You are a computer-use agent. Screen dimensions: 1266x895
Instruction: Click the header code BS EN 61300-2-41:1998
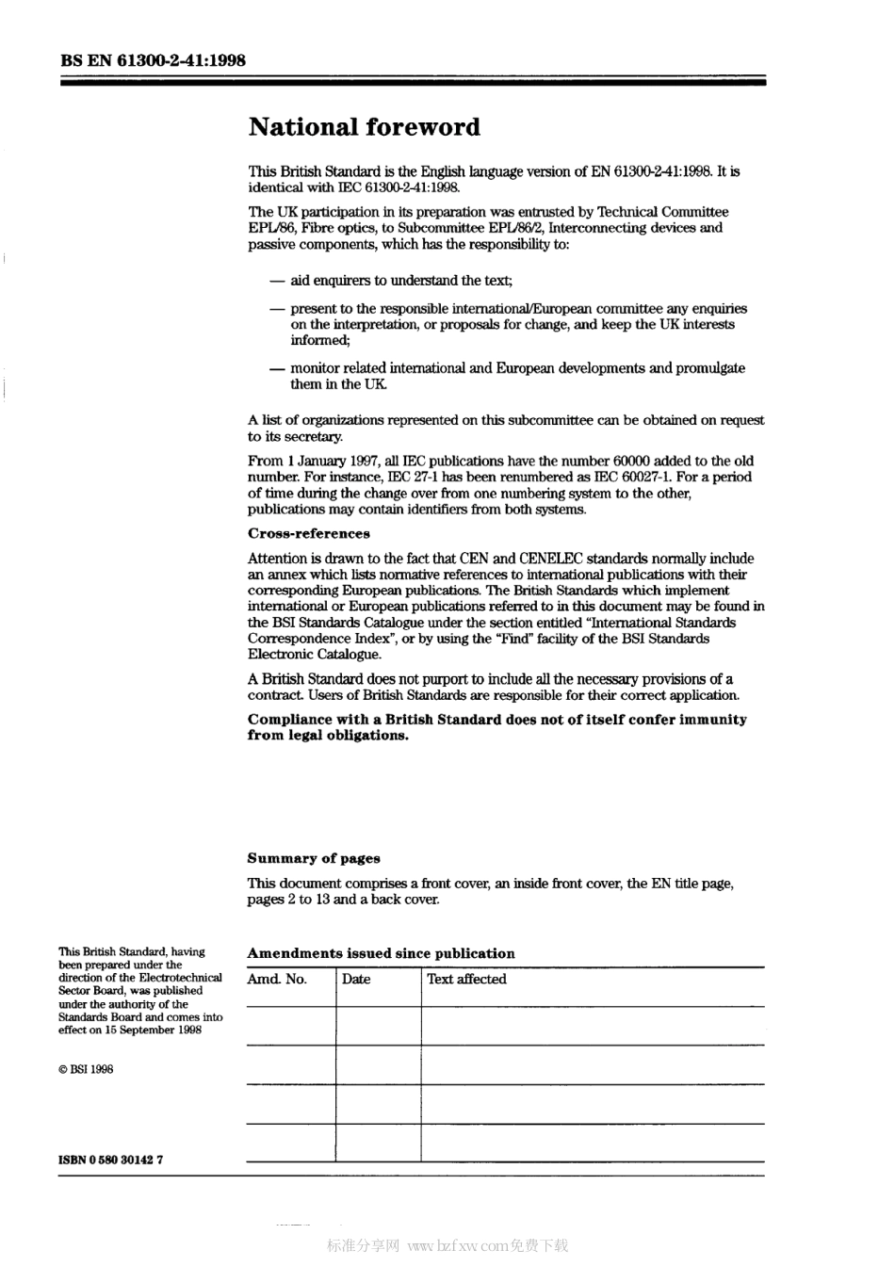tap(153, 60)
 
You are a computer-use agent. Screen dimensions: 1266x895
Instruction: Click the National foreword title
tap(364, 127)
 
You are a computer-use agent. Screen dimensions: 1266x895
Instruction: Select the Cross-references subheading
tap(308, 534)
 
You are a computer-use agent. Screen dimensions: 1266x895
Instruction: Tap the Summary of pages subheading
tap(314, 858)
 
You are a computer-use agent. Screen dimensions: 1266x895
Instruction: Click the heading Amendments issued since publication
tap(381, 953)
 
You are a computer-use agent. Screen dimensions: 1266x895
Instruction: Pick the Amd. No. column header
tap(277, 980)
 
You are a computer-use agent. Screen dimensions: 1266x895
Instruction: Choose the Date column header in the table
tap(356, 980)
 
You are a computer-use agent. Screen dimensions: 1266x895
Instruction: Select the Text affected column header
tap(466, 980)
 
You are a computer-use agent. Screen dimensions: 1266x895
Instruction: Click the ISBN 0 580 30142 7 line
tap(111, 1160)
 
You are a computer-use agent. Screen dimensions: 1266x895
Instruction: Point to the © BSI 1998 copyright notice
tap(86, 1069)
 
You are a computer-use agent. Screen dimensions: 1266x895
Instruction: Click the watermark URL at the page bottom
tap(457, 1246)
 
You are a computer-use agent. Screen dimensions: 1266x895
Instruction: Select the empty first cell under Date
tap(378, 1025)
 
